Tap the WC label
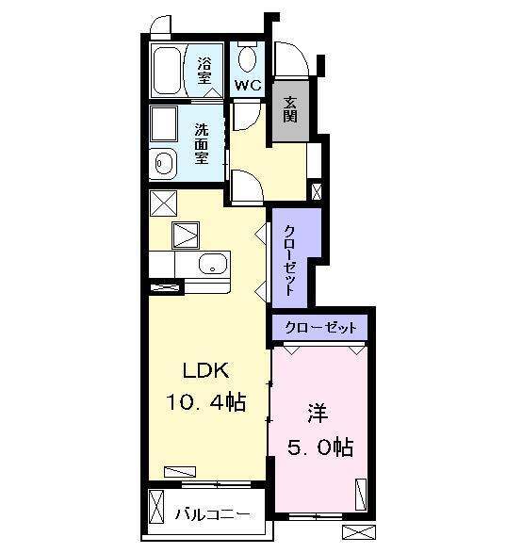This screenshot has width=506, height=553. tap(247, 85)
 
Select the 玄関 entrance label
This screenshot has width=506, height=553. tap(290, 110)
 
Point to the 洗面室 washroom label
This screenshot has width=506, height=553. tap(202, 144)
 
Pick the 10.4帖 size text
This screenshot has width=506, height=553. tap(206, 403)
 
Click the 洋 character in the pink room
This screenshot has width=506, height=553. tap(316, 414)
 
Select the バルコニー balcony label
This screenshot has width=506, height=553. tap(214, 515)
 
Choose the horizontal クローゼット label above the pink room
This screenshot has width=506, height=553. tap(320, 328)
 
